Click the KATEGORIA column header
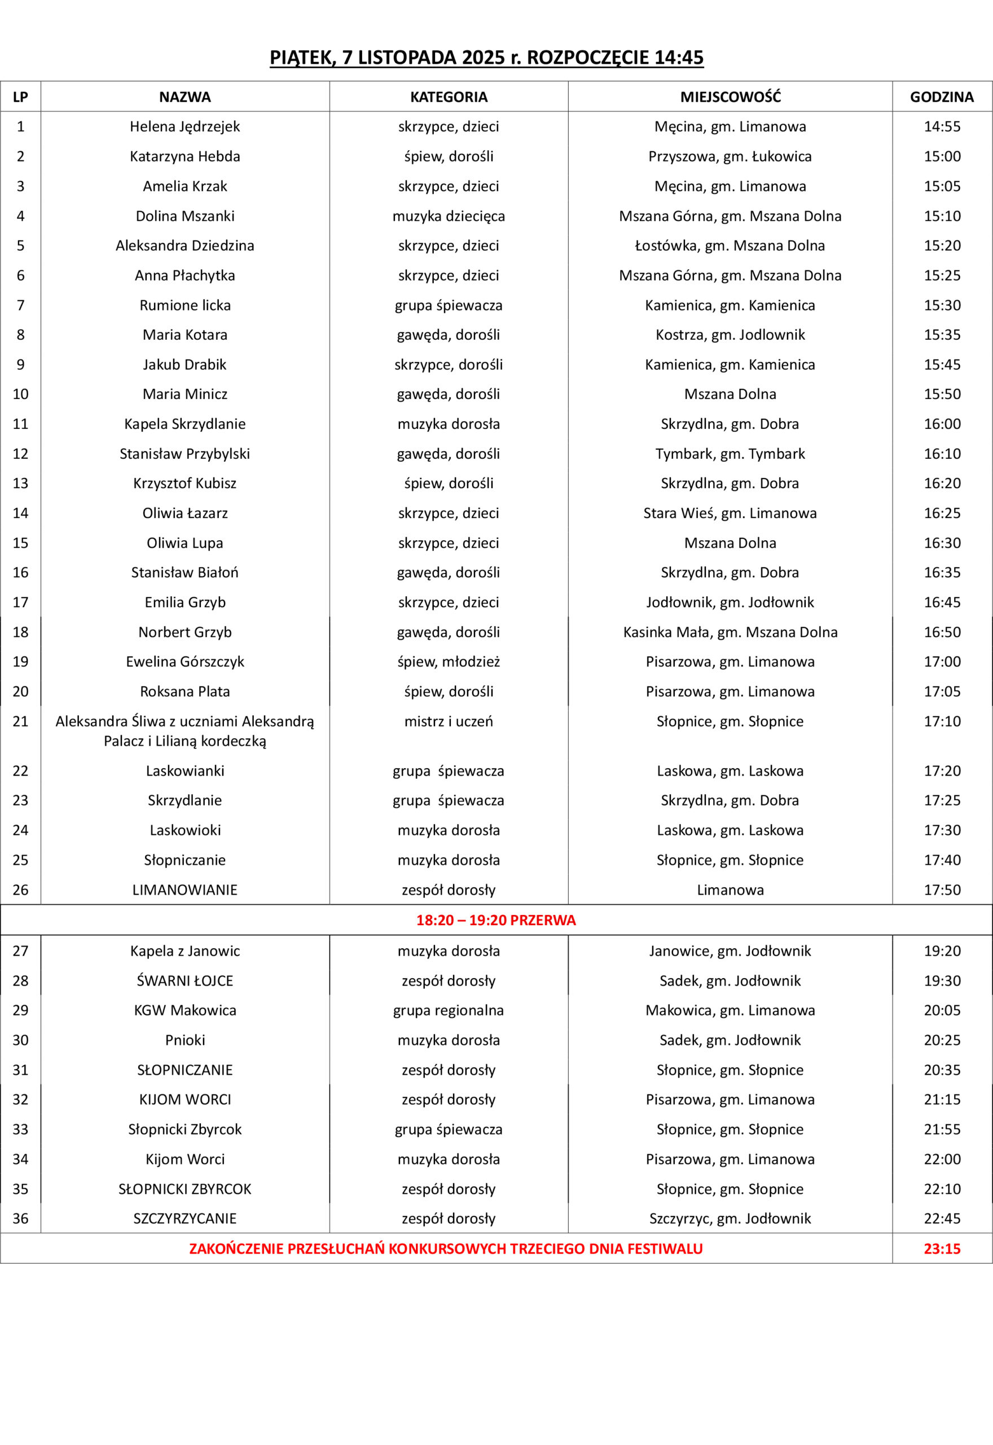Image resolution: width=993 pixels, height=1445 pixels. tap(448, 97)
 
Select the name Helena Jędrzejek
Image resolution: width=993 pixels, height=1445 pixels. tap(185, 127)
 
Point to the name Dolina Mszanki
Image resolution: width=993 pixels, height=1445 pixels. tap(185, 216)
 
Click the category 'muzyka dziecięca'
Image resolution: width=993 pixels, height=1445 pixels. tap(448, 216)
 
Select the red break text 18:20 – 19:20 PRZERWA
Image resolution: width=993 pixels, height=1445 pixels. tap(495, 921)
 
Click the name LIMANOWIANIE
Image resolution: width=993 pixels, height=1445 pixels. tap(185, 890)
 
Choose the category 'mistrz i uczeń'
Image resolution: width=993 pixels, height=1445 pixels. tap(448, 721)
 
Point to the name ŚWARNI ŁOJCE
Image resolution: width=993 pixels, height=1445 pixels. tap(185, 981)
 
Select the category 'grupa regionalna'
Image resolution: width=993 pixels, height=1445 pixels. tap(448, 1010)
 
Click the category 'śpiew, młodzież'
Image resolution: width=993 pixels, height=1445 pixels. tap(448, 662)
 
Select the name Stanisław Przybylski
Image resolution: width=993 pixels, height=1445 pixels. tap(185, 454)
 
